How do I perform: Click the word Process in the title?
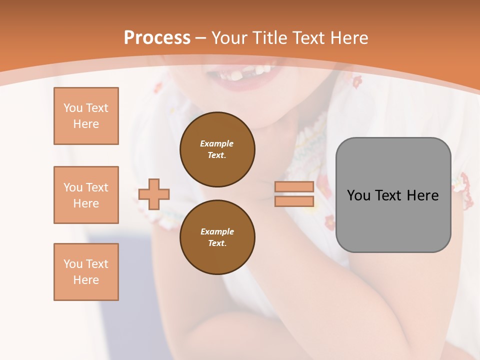pos(157,38)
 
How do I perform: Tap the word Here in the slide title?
pos(347,38)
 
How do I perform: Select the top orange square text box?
pos(86,116)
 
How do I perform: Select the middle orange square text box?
pos(86,195)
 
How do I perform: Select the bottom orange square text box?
pos(86,272)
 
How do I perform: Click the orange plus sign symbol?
pos(154,194)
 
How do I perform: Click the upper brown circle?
pos(217,149)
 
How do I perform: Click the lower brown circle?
pos(217,237)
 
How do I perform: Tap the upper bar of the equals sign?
pos(294,186)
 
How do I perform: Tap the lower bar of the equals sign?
pos(294,201)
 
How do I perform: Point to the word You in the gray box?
pos(358,195)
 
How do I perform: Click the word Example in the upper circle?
pos(217,143)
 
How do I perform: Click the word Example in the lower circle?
pos(217,231)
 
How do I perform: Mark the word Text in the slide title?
pos(306,38)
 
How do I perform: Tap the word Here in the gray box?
pos(422,195)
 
